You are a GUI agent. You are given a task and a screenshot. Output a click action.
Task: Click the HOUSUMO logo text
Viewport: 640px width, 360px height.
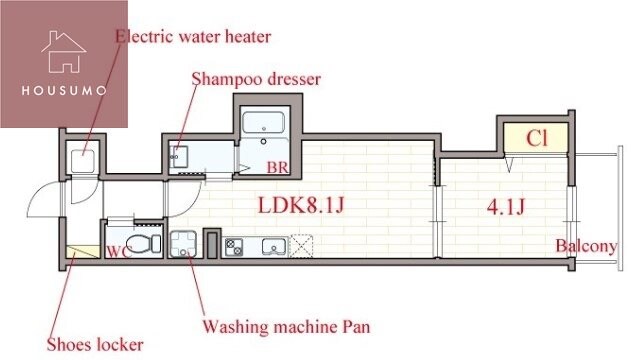point(64,90)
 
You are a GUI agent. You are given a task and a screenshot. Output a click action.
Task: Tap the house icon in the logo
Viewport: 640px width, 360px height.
point(64,52)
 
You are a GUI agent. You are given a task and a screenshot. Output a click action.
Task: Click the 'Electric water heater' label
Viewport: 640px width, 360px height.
point(193,37)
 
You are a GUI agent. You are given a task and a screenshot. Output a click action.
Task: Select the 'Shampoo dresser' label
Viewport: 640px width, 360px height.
point(256,79)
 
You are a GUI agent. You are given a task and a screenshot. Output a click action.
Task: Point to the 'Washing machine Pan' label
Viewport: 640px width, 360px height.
point(287,327)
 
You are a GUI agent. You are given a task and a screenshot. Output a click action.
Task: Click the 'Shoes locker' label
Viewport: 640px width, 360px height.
point(95,345)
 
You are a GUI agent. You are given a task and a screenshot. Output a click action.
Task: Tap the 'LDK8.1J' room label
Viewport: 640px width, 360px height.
point(301,205)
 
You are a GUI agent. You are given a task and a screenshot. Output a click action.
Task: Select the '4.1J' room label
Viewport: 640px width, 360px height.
point(506,207)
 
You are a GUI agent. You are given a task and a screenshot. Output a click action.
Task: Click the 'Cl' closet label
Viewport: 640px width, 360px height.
point(536,138)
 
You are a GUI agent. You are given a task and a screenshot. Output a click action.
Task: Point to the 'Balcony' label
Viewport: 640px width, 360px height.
point(586,246)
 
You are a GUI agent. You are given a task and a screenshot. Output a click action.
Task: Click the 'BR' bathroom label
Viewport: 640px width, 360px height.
point(278,167)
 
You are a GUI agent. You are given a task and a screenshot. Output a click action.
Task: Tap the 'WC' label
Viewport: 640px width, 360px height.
point(118,252)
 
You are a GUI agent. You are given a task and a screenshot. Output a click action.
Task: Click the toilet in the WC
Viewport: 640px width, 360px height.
point(144,244)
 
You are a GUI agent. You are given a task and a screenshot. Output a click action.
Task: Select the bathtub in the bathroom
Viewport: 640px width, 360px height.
point(263,122)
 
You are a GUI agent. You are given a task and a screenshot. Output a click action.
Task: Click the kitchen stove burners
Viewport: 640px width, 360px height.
point(234,247)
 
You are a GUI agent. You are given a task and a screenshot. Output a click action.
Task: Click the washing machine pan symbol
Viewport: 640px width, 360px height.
point(183,244)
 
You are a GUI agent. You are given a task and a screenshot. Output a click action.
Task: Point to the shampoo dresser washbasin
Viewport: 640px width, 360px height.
point(178,157)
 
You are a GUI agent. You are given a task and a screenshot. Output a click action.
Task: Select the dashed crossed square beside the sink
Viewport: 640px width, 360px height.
point(301,246)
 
